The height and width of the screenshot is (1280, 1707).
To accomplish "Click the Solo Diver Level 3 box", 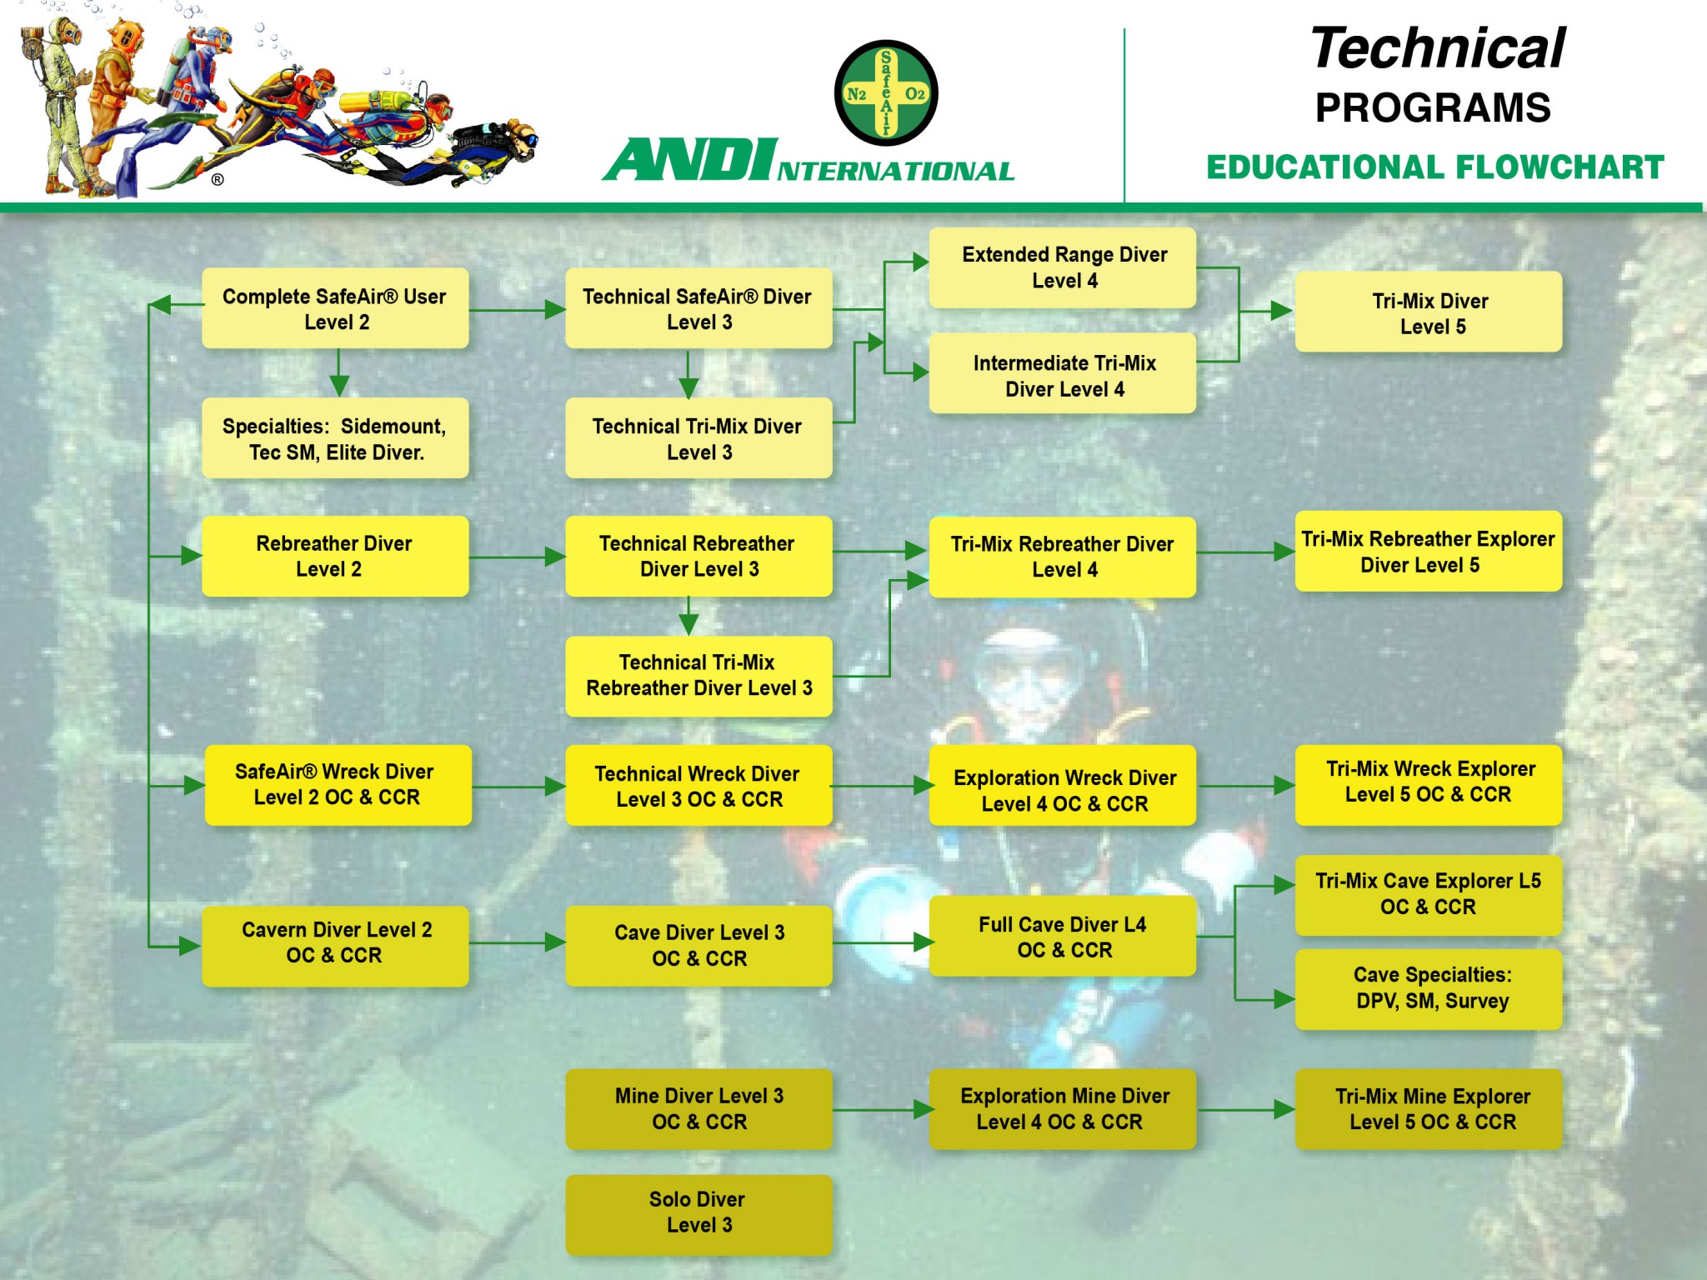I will point(698,1213).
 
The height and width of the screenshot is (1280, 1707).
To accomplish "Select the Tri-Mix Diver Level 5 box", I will point(1428,312).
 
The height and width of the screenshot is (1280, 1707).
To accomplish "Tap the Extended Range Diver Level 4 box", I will point(1062,267).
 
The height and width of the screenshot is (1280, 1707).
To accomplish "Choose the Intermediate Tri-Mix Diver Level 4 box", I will point(1062,374).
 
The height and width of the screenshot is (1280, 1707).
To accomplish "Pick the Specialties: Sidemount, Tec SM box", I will point(335,438).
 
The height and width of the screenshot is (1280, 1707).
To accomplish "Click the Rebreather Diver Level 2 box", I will point(335,556).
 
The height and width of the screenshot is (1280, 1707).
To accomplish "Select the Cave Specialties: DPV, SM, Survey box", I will point(1428,988).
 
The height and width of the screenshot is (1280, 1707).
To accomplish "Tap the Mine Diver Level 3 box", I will point(698,1108).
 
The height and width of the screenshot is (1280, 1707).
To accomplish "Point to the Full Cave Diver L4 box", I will point(1062,937).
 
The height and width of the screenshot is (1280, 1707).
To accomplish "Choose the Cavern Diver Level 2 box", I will point(335,943).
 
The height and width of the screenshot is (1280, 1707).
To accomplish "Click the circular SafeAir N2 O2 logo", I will point(886,93).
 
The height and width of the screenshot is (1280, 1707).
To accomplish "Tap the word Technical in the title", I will point(1438,48).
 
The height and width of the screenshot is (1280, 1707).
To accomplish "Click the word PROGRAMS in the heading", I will point(1433,108).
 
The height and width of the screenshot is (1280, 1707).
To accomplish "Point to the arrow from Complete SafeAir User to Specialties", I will point(338,372).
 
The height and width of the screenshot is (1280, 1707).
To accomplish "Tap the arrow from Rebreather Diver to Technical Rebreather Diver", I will point(517,556).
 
